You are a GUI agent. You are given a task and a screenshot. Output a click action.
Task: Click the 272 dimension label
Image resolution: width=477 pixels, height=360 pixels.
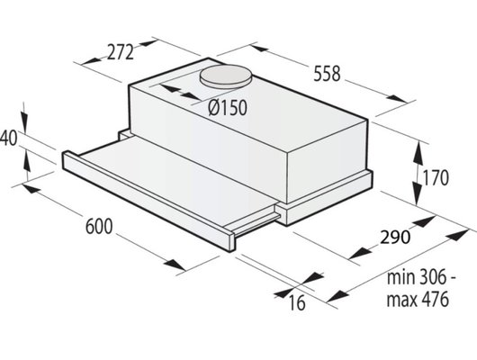point(121,52)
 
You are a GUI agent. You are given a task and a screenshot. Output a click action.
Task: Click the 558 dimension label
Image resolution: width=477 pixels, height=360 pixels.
point(327,74)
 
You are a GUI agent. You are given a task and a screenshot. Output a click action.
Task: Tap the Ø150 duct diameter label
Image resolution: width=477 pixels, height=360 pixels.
point(228,108)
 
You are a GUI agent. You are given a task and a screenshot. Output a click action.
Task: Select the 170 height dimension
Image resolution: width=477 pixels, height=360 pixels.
point(436,178)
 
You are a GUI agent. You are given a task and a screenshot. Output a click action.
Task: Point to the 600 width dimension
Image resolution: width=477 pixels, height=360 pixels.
point(99,227)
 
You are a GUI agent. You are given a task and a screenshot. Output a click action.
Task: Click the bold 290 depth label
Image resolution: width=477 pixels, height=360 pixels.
point(395,238)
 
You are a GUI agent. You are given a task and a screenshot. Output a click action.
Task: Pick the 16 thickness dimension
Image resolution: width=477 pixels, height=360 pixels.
point(297,302)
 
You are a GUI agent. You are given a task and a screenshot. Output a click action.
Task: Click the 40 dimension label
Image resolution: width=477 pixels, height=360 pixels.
point(8,139)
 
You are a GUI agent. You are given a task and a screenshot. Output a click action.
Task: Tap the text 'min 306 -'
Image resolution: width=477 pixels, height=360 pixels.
point(421,277)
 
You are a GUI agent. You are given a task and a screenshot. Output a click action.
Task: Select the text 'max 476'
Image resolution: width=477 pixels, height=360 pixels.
point(418,299)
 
